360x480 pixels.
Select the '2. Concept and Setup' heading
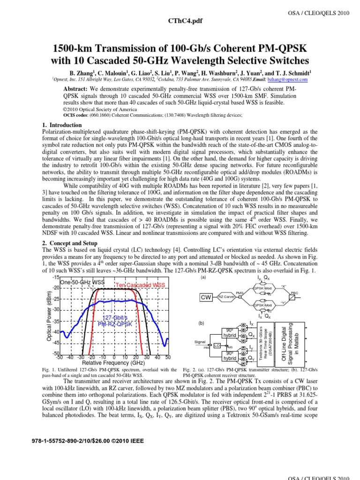(70, 243)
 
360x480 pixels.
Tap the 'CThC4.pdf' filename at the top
(180, 21)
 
